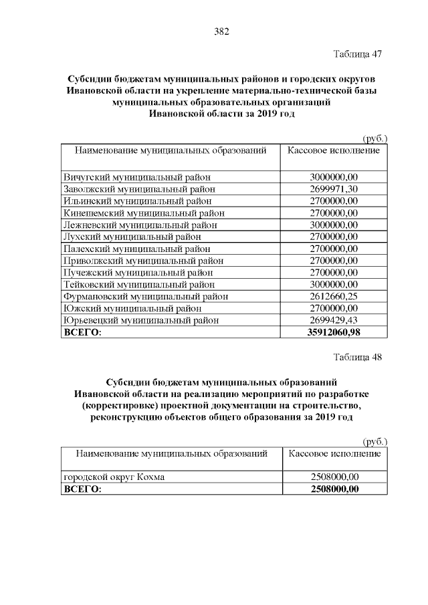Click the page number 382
(221, 31)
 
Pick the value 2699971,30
(334, 189)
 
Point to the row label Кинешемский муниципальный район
(144, 213)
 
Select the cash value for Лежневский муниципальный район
(334, 225)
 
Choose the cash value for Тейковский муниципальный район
(334, 284)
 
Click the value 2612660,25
(334, 296)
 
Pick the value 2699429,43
(334, 320)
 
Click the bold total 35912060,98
(334, 332)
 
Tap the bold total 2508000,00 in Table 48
(334, 489)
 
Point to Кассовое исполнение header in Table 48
(334, 454)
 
